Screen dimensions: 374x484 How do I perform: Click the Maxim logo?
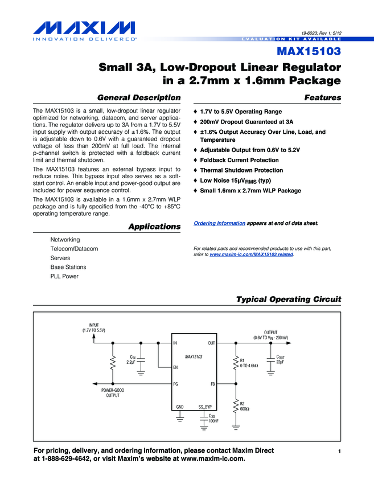click(x=84, y=31)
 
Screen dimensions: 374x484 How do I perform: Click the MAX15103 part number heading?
click(x=309, y=51)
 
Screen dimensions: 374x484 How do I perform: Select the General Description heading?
click(x=139, y=98)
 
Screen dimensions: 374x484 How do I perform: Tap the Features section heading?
click(x=323, y=98)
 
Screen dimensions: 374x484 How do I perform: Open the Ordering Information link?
click(x=219, y=223)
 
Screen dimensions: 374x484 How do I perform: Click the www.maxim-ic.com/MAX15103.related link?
click(x=251, y=255)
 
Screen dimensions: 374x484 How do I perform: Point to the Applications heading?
click(x=155, y=227)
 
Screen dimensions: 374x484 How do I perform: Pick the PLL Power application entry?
click(x=64, y=276)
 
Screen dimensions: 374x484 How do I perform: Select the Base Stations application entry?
click(x=68, y=267)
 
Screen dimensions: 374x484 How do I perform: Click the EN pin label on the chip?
click(x=175, y=367)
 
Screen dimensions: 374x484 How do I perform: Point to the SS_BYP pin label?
click(x=205, y=407)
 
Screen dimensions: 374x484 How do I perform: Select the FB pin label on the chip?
click(x=212, y=384)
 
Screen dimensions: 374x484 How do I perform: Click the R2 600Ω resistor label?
click(x=245, y=406)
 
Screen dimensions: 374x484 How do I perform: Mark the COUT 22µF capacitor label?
click(x=280, y=359)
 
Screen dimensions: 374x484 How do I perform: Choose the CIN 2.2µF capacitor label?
click(x=131, y=360)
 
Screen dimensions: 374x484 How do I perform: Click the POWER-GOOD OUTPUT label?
click(x=113, y=393)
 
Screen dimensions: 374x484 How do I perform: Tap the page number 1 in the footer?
click(x=339, y=452)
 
